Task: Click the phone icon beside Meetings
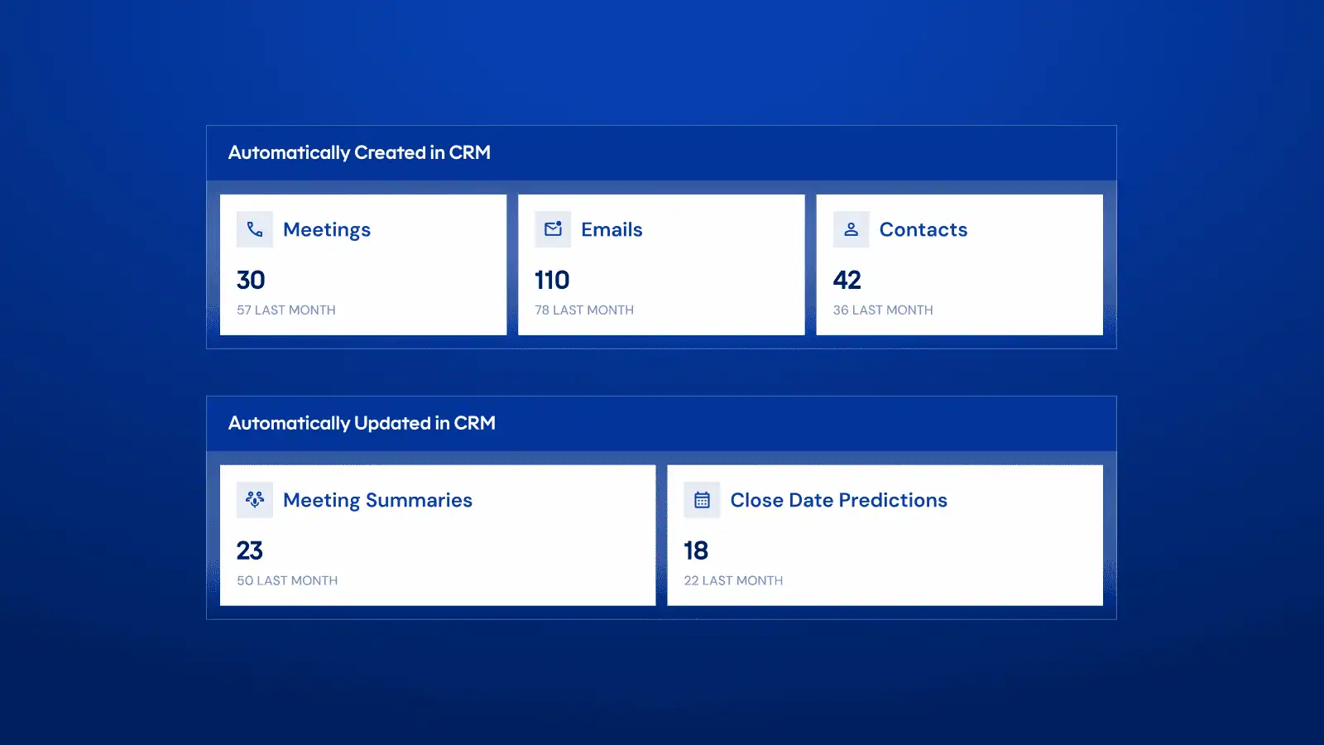[x=255, y=229]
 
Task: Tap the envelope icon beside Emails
[x=554, y=228]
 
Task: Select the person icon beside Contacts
[x=851, y=229]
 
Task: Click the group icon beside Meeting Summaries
[x=255, y=500]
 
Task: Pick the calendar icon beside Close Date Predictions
[x=703, y=500]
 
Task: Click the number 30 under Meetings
[x=251, y=281]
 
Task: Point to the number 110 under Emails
[x=552, y=281]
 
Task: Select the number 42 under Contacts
[x=847, y=281]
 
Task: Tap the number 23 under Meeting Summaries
[x=249, y=550]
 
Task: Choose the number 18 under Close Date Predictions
[x=696, y=550]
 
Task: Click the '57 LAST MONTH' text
[x=286, y=310]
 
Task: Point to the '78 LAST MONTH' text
[x=584, y=310]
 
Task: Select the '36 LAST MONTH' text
[x=883, y=310]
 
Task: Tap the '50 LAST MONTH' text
[x=287, y=580]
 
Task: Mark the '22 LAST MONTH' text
[x=733, y=580]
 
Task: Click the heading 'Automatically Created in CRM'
[x=359, y=152]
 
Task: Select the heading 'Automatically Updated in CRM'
[x=362, y=423]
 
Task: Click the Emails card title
[x=612, y=229]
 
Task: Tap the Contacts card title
[x=923, y=229]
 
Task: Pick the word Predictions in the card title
[x=893, y=500]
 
